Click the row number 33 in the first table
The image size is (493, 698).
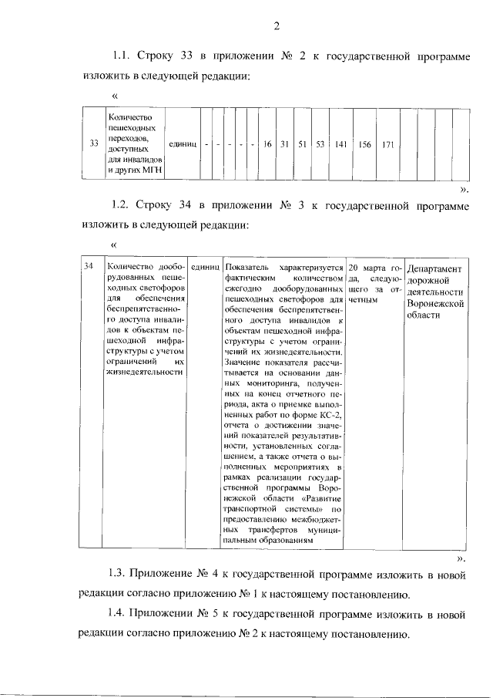(x=93, y=144)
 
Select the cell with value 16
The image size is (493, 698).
(x=267, y=144)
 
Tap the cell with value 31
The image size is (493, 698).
(x=285, y=144)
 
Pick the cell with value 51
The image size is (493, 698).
(x=303, y=144)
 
